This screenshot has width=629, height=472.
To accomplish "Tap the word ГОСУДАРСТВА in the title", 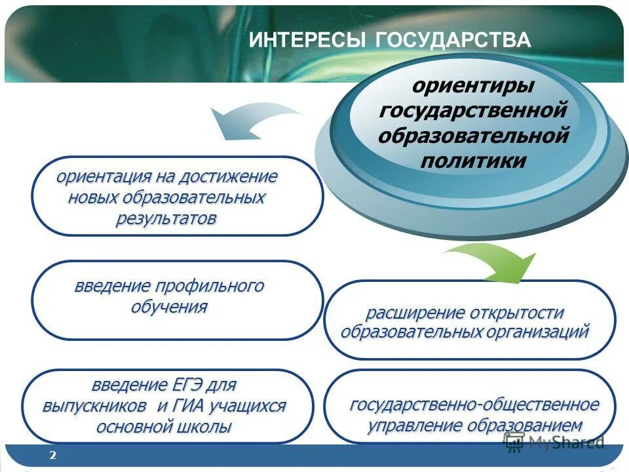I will (x=453, y=40).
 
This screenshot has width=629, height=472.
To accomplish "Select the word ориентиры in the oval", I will (x=472, y=85).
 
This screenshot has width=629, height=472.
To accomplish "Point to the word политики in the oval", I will (x=472, y=161).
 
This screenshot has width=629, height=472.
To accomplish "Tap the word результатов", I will (x=166, y=218).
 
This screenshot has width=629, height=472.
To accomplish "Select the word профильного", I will (x=210, y=286).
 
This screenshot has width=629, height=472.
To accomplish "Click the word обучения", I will (x=170, y=307).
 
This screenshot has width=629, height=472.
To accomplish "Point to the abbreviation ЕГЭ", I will (x=196, y=384).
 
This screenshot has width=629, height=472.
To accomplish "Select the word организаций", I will (x=537, y=331).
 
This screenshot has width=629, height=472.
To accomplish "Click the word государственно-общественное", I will (x=474, y=404).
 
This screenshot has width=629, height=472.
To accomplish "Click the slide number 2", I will (x=52, y=455).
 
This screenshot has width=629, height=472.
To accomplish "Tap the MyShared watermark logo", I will (x=554, y=442).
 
